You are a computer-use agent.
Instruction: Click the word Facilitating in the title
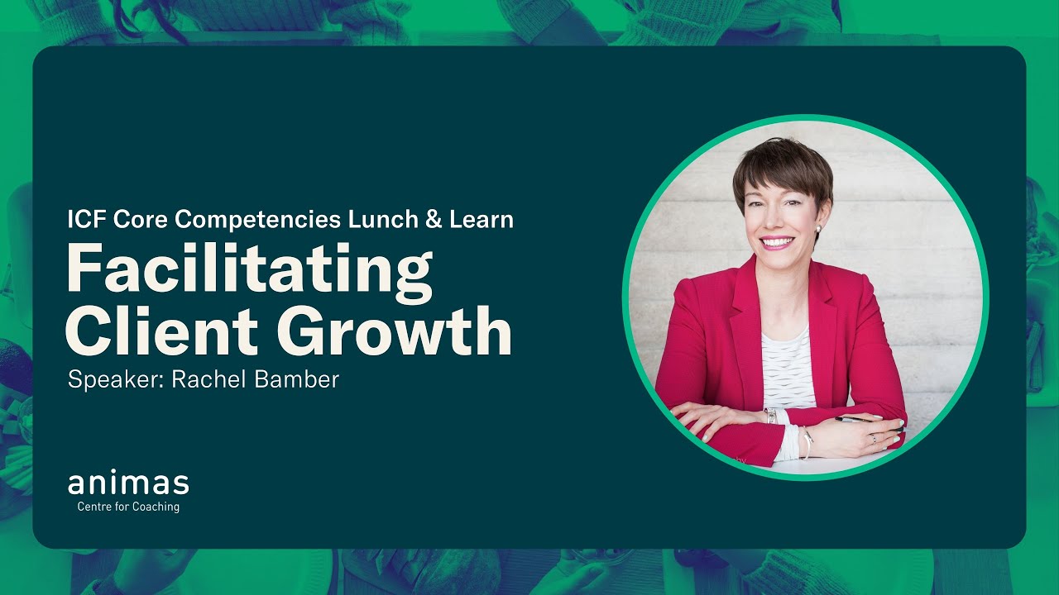[x=249, y=269]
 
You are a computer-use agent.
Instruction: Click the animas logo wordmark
[x=128, y=484]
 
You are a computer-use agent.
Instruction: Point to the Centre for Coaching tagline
[x=128, y=507]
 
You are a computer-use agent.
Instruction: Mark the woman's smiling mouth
[x=778, y=242]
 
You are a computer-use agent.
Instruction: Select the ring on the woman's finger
[x=873, y=439]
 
